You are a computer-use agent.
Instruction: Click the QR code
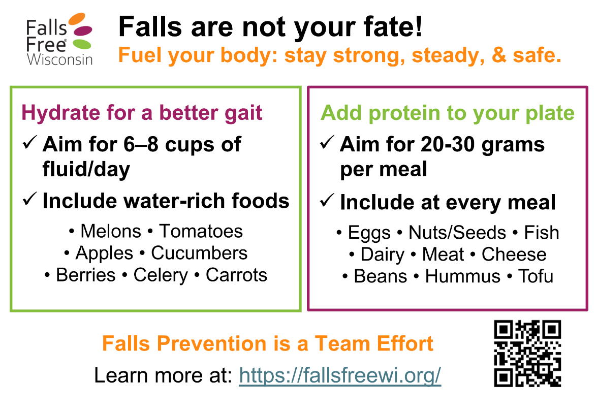(528, 354)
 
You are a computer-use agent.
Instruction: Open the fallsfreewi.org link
(340, 375)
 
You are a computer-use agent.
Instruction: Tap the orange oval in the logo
(77, 19)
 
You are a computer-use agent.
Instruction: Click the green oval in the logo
(82, 44)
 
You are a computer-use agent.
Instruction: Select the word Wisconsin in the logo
(60, 60)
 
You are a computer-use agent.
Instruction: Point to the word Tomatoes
(201, 231)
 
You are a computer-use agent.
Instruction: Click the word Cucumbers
(199, 253)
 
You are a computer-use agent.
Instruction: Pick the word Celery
(160, 275)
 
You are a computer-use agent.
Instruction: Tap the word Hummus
(462, 276)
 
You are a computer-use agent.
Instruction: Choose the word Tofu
(536, 276)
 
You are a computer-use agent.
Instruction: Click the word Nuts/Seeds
(457, 233)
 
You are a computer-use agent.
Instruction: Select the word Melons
(111, 231)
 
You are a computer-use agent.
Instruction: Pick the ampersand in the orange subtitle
(499, 55)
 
